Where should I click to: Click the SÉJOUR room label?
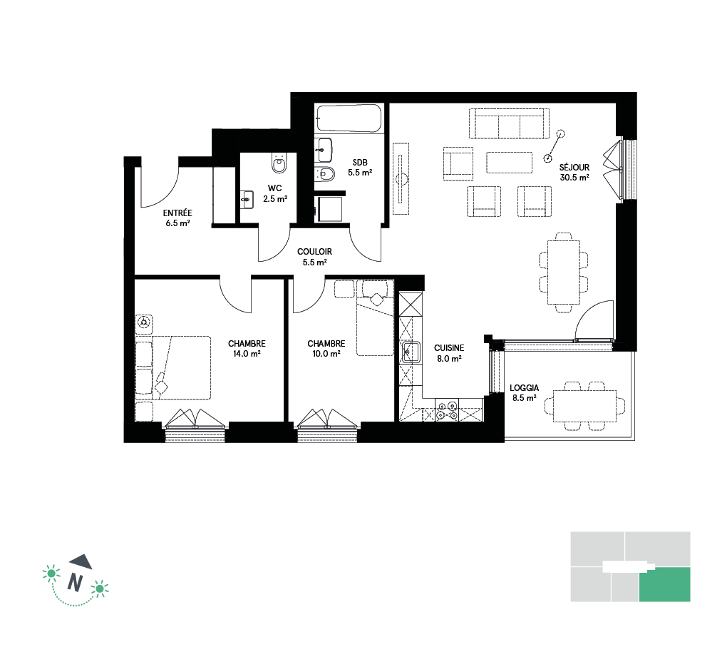tap(574, 167)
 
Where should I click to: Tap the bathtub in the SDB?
tap(349, 118)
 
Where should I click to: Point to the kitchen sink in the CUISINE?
tap(411, 352)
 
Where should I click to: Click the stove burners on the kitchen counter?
tap(447, 410)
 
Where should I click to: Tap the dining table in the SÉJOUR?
tap(563, 272)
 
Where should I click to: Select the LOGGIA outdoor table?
tap(584, 406)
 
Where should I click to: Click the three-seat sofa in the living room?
tap(509, 123)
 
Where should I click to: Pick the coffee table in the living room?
tap(509, 163)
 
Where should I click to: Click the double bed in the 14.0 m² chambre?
tap(173, 367)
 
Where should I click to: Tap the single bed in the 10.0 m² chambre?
tap(375, 318)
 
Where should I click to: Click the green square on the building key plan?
tap(664, 584)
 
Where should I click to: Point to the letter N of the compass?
tap(75, 582)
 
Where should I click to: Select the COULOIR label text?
tap(314, 252)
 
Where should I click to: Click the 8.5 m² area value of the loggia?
tap(525, 398)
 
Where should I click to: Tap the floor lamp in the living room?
tap(555, 146)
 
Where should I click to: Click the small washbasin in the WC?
tap(247, 200)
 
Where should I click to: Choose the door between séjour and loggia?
tap(594, 321)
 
